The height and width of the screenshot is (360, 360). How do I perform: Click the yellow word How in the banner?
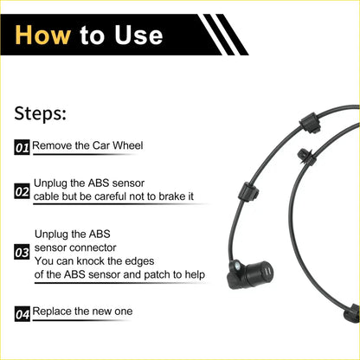[45, 34]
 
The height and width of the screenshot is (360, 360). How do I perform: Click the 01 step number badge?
[22, 148]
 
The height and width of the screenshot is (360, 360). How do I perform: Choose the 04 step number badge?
[22, 313]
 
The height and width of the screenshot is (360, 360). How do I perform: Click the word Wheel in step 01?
[123, 147]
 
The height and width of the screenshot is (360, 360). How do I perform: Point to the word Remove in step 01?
[55, 147]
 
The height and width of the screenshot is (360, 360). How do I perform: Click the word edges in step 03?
[163, 260]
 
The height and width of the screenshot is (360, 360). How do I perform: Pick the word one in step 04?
[122, 311]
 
